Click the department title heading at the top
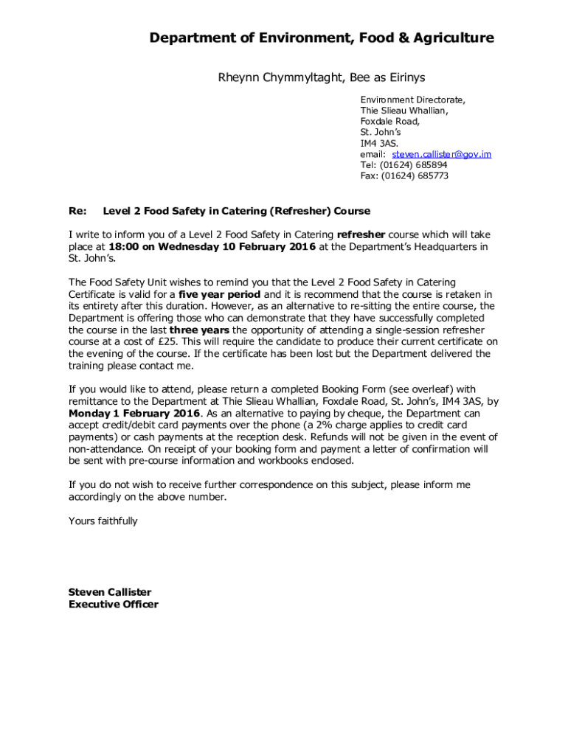[322, 38]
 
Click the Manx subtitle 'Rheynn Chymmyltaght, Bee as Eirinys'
[321, 77]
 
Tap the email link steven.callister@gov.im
[441, 154]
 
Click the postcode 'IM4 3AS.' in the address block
[379, 143]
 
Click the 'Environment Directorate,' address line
[412, 100]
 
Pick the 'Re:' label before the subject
[77, 212]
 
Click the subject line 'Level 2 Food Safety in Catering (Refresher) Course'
[236, 212]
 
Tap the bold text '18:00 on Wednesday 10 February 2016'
[212, 247]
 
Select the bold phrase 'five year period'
[220, 294]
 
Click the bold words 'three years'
[199, 330]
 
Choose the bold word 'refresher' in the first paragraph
[361, 235]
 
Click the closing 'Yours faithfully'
[103, 521]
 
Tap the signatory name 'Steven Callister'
[109, 592]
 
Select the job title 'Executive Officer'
[113, 605]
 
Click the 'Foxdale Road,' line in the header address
[389, 122]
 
